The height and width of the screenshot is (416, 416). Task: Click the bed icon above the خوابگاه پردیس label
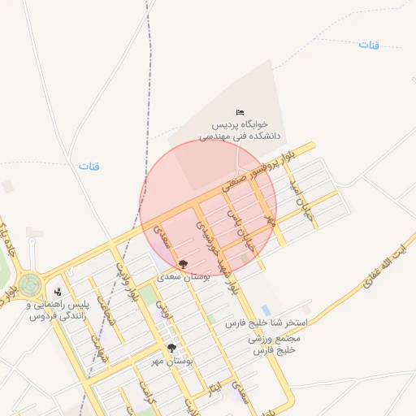(239, 112)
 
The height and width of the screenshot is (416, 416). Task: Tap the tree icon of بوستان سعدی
(183, 264)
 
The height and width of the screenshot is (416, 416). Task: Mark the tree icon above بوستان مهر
(171, 348)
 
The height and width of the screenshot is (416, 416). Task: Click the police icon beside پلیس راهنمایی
(58, 292)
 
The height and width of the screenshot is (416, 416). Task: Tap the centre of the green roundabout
(30, 284)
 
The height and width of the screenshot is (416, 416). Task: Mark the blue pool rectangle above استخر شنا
(266, 310)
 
